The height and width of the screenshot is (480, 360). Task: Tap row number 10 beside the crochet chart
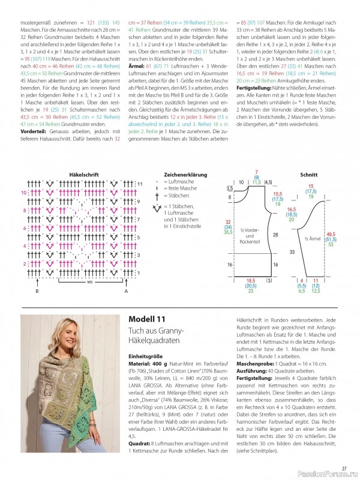click(x=24, y=193)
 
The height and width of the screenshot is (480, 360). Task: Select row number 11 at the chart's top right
click(x=139, y=182)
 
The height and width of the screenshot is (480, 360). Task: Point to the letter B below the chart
click(x=38, y=290)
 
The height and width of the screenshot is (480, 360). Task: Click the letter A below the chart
click(x=127, y=290)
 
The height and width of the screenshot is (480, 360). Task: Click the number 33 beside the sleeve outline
click(x=292, y=253)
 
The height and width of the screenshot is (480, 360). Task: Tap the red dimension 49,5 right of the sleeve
click(x=331, y=234)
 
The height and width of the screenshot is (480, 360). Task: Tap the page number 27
click(x=344, y=469)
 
